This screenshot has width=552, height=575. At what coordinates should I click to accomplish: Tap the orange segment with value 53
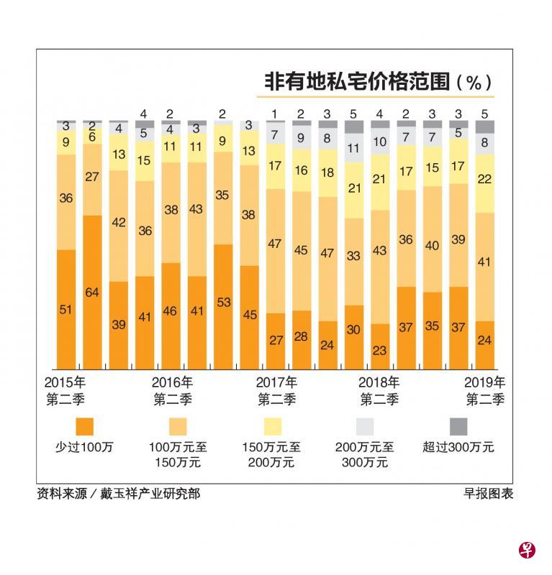[x=223, y=302]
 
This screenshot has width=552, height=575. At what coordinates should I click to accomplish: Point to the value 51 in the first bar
[x=66, y=310]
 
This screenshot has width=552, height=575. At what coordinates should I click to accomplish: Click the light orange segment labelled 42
[x=119, y=223]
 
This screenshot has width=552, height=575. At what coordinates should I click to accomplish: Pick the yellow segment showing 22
[x=484, y=179]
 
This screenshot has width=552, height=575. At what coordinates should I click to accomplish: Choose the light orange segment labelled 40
[x=432, y=246]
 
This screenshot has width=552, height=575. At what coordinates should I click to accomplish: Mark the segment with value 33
[x=353, y=255]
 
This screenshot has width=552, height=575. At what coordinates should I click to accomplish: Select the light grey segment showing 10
[x=379, y=142]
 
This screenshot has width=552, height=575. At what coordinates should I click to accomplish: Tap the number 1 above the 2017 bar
[x=275, y=114]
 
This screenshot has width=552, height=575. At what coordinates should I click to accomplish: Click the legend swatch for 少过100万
[x=84, y=426]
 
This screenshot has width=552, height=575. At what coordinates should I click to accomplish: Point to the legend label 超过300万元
[x=458, y=447]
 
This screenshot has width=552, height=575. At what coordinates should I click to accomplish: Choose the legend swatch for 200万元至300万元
[x=365, y=426]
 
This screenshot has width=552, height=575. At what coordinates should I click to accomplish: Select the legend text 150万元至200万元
[x=271, y=454]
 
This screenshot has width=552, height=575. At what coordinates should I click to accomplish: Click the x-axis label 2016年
[x=173, y=382]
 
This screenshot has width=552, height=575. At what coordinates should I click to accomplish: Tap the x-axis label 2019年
[x=485, y=382]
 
